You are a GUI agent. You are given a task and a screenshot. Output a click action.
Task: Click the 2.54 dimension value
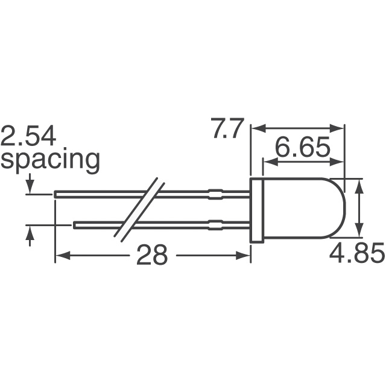[x=28, y=137]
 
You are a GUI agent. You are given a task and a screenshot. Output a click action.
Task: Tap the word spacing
[x=50, y=160]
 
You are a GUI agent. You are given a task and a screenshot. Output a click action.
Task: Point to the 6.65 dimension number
[x=303, y=148]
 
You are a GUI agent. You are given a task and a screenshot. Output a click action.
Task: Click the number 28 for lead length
[x=151, y=256]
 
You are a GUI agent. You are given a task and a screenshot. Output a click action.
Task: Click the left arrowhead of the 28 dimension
[x=60, y=256]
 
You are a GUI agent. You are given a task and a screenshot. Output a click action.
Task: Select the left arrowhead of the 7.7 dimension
[x=256, y=128]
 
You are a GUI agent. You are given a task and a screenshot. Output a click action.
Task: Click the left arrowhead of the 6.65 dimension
[x=267, y=162]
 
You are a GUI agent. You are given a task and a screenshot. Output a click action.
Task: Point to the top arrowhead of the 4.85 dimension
[x=360, y=185]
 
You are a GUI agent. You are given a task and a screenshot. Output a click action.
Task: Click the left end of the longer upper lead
[x=56, y=195]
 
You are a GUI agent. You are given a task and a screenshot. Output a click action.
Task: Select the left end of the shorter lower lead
[x=75, y=226]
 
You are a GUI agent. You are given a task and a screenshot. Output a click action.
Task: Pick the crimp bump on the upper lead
[x=215, y=195]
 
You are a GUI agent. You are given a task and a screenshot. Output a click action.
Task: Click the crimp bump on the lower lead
[x=215, y=226]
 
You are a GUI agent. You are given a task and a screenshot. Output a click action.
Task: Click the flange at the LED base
[x=256, y=210]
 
